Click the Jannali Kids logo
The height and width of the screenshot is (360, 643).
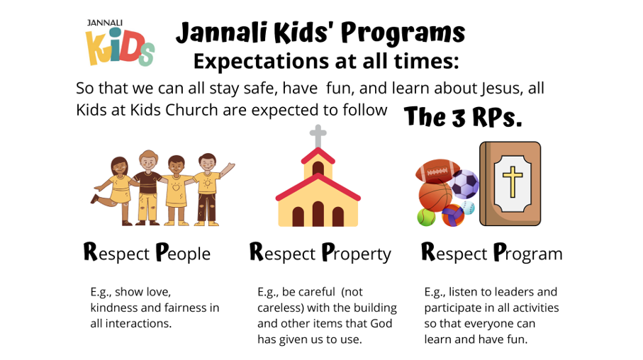pyautogui.click(x=120, y=43)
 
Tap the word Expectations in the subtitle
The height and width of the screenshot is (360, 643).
pyautogui.click(x=261, y=62)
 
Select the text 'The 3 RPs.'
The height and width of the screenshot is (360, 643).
pyautogui.click(x=462, y=117)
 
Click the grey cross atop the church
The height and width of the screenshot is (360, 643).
pyautogui.click(x=318, y=136)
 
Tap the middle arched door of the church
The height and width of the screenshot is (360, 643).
pyautogui.click(x=318, y=213)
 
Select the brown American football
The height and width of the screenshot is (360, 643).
pyautogui.click(x=437, y=170)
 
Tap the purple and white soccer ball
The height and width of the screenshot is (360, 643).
pyautogui.click(x=464, y=184)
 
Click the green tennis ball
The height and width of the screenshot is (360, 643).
pyautogui.click(x=426, y=217)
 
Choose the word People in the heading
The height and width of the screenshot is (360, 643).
pyautogui.click(x=184, y=253)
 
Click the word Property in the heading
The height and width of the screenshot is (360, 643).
pyautogui.click(x=357, y=253)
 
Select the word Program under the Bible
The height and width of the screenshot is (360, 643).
pyautogui.click(x=527, y=253)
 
